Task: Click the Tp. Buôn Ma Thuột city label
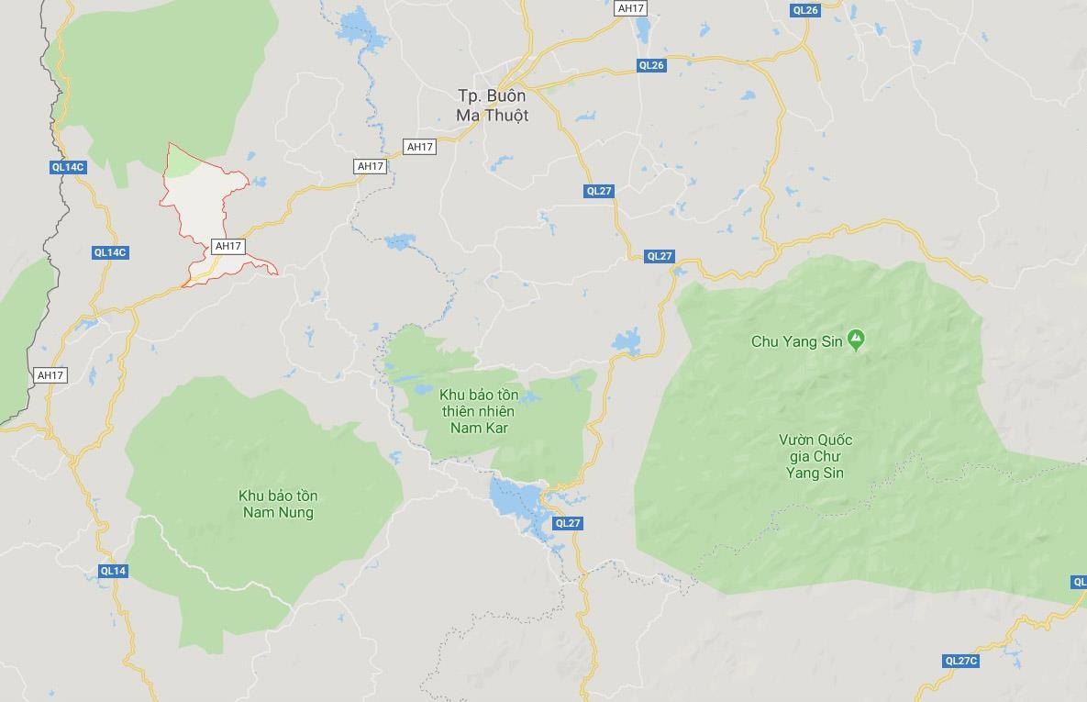click(493, 106)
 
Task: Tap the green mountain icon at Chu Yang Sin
click(856, 340)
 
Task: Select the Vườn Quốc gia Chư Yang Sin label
click(814, 456)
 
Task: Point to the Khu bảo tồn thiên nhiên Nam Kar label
click(479, 411)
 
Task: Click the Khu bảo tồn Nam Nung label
click(278, 504)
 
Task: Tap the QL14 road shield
click(113, 571)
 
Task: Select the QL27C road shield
click(961, 661)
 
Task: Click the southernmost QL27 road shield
click(568, 523)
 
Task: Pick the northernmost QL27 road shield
click(598, 191)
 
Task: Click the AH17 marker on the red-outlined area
click(227, 246)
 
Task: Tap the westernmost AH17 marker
click(50, 375)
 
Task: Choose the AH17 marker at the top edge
click(631, 8)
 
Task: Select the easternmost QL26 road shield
click(804, 10)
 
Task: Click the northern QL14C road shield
click(68, 167)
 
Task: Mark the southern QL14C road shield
click(110, 252)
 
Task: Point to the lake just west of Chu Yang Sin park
click(628, 342)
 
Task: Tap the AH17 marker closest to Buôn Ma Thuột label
click(419, 147)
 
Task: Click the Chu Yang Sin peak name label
click(797, 341)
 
